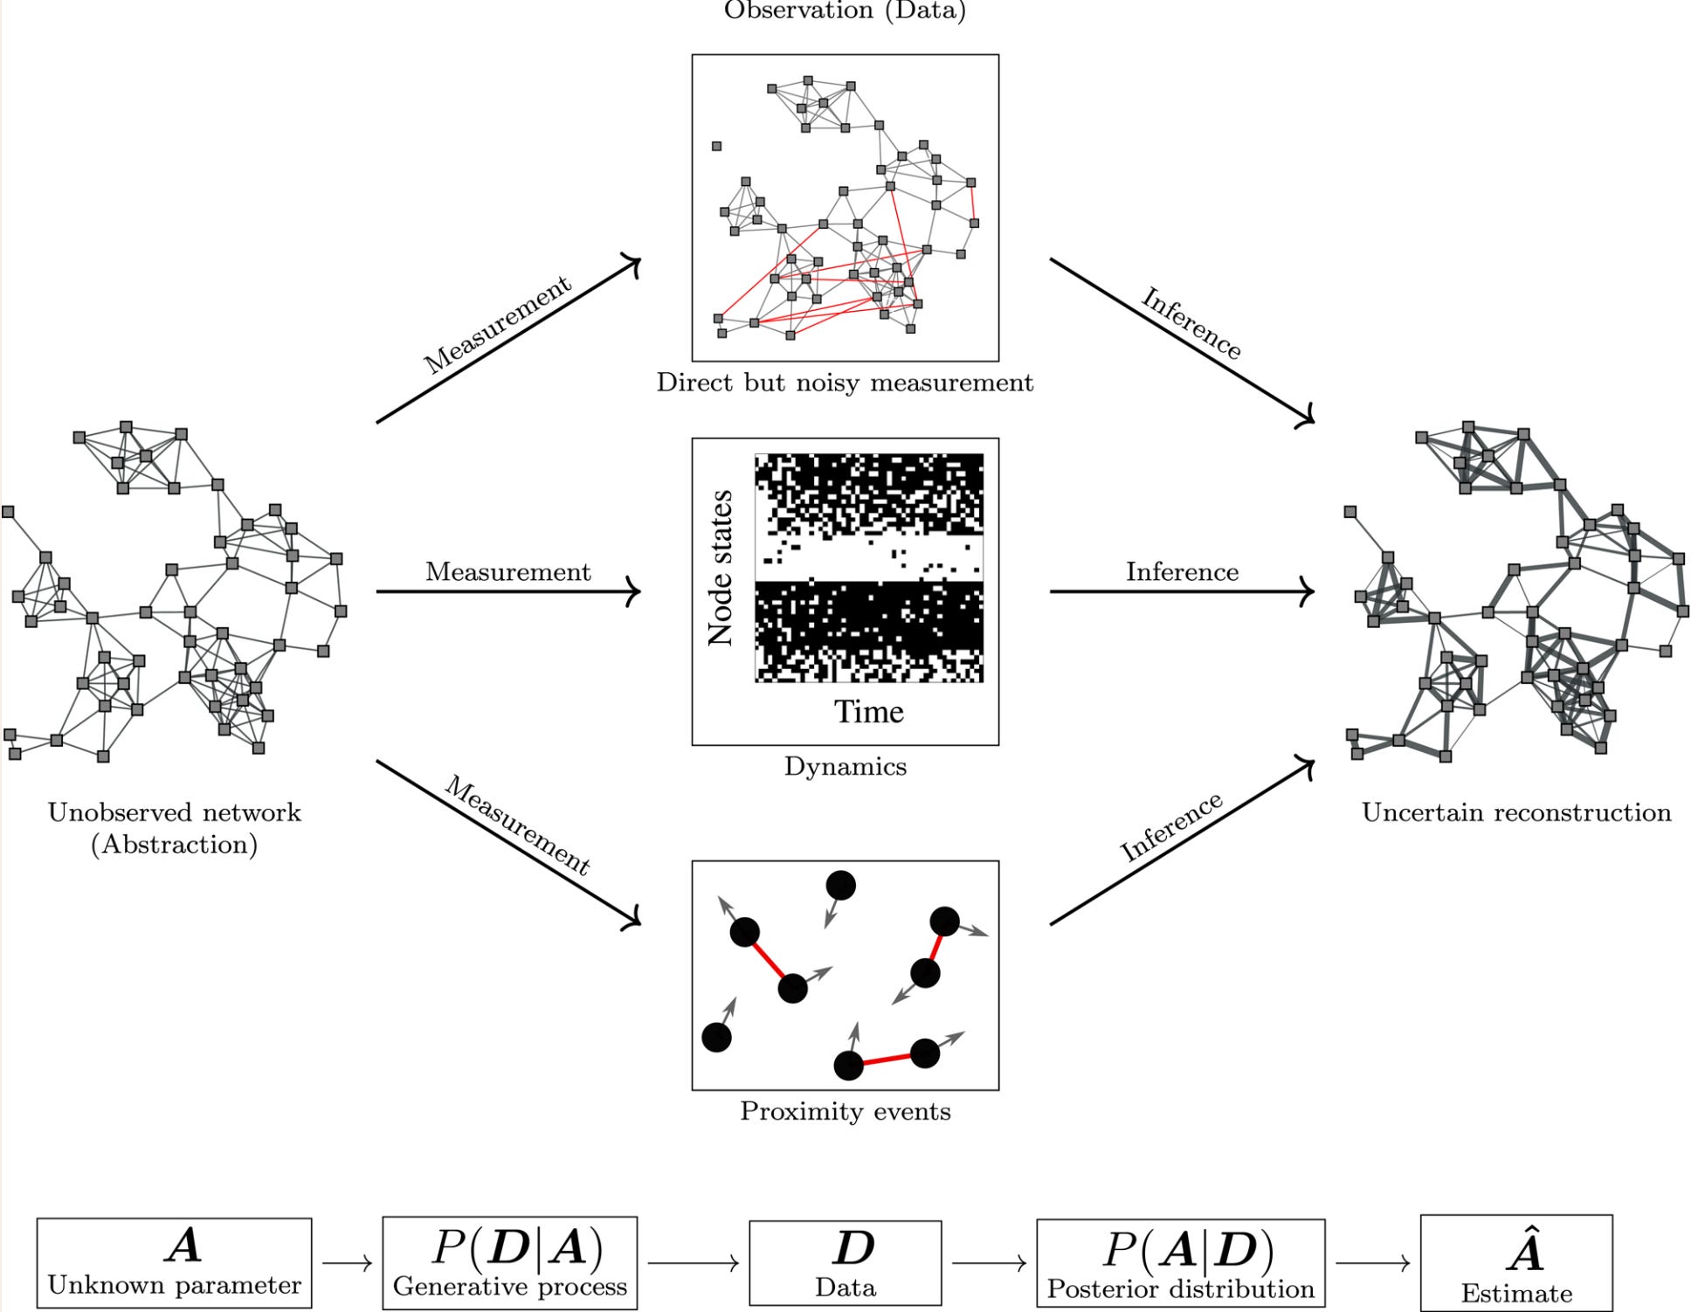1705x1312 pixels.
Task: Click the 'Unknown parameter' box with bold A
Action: click(x=174, y=1263)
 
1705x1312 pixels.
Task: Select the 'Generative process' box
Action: click(x=510, y=1263)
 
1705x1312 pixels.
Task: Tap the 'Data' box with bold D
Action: click(x=846, y=1263)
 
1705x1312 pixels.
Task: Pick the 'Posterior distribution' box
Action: click(x=1181, y=1263)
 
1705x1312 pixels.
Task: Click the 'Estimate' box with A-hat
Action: click(x=1516, y=1263)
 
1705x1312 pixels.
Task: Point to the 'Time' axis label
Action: click(x=868, y=712)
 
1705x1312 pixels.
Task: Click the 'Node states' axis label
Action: click(x=721, y=568)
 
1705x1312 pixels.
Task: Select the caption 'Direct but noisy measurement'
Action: click(x=845, y=383)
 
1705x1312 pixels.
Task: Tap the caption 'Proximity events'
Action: click(x=845, y=1111)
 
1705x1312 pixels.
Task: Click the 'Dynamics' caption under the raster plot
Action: click(x=845, y=766)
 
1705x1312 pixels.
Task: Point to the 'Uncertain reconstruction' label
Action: click(x=1516, y=812)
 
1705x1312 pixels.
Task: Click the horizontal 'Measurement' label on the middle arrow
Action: click(x=507, y=571)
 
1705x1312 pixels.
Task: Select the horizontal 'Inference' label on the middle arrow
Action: click(x=1182, y=571)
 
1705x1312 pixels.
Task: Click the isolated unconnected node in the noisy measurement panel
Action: click(x=716, y=146)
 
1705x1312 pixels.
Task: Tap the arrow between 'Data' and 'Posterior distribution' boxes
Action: click(x=989, y=1263)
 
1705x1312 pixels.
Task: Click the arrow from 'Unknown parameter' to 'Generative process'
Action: click(x=347, y=1263)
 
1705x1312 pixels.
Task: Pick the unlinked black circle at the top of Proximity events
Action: click(x=840, y=886)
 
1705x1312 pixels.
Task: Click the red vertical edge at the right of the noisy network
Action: click(x=972, y=203)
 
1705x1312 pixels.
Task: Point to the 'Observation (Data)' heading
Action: click(x=845, y=10)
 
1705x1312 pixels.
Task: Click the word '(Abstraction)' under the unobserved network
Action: click(x=174, y=845)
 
